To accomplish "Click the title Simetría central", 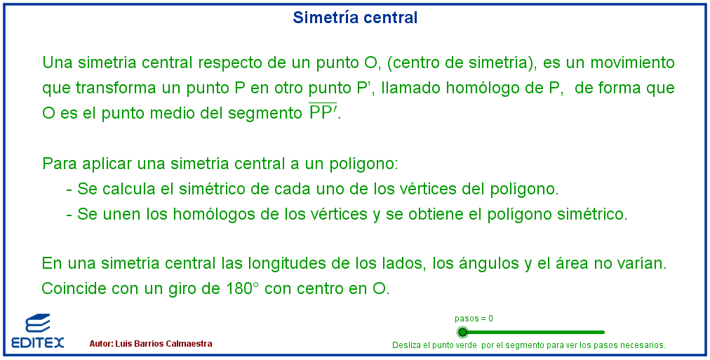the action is click(x=355, y=18).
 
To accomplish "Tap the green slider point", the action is click(x=462, y=333).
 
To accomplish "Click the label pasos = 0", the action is click(x=474, y=319).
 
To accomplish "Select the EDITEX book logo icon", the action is click(x=38, y=324).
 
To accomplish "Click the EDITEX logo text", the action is click(x=38, y=342).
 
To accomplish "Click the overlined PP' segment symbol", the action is click(x=323, y=112).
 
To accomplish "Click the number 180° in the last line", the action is click(x=242, y=288).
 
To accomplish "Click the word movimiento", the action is click(x=633, y=62).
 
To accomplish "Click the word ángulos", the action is click(x=476, y=263).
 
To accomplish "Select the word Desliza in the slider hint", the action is click(x=406, y=345).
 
